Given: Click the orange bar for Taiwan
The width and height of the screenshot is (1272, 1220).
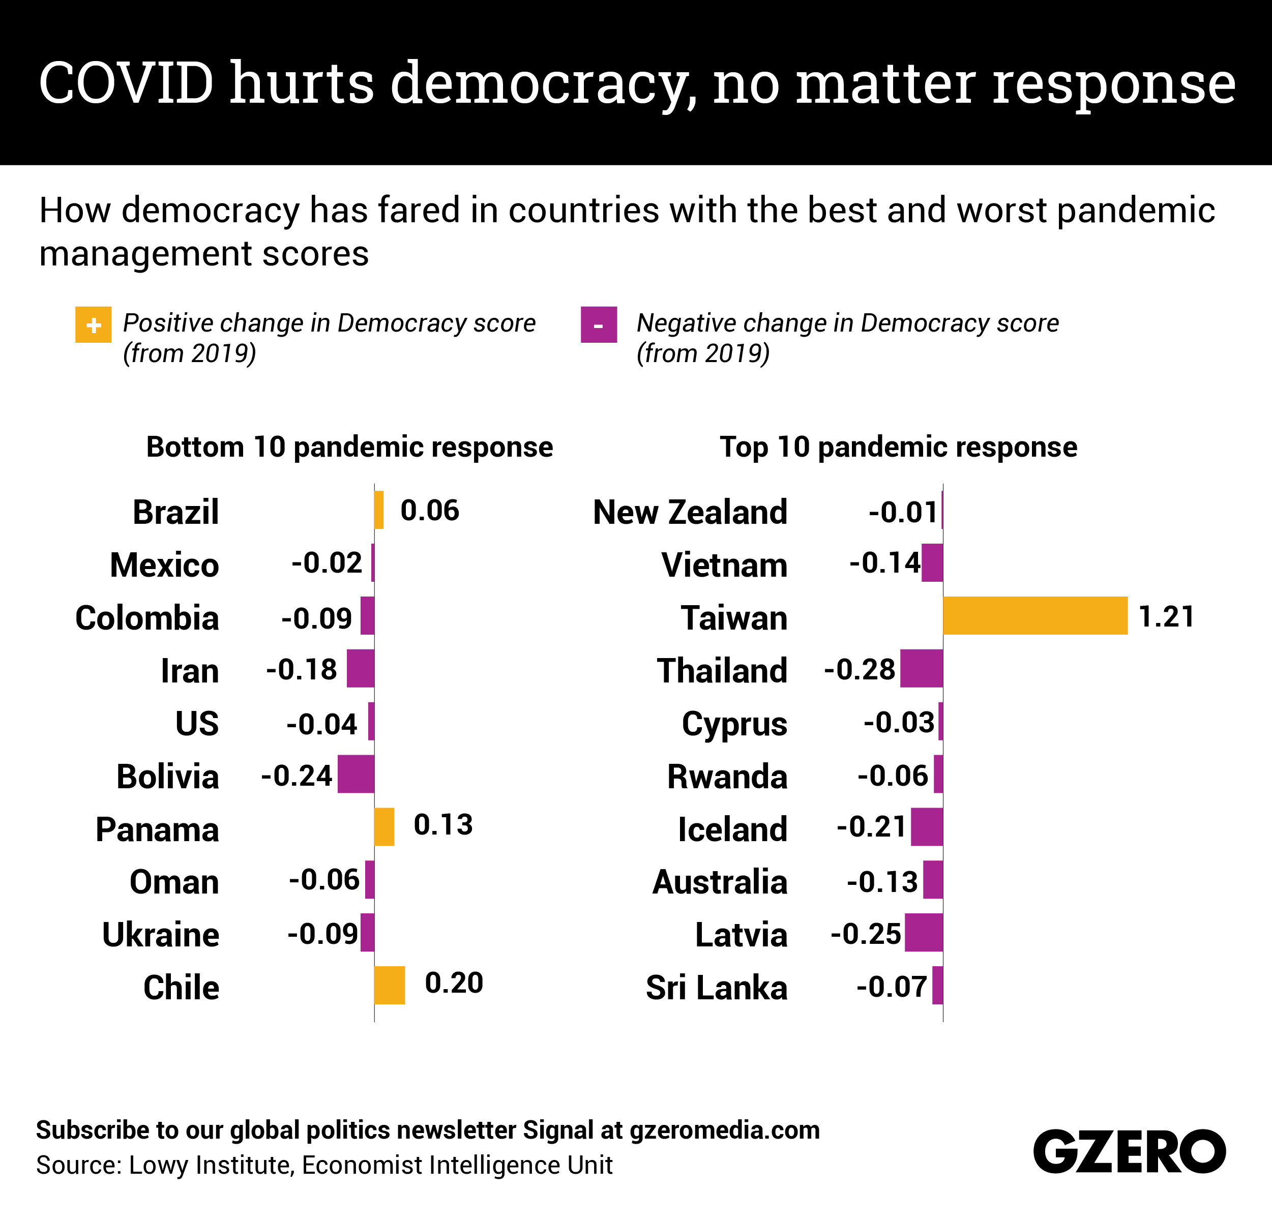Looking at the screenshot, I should [1035, 615].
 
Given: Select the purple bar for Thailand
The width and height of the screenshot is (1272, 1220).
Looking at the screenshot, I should [922, 668].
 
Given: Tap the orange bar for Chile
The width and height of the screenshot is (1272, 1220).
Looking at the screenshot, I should [390, 985].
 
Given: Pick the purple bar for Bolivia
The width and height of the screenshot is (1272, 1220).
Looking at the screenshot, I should [356, 773].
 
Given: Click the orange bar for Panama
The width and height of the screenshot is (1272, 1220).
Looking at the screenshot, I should [384, 827].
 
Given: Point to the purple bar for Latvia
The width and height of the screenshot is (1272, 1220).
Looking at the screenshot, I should [924, 933].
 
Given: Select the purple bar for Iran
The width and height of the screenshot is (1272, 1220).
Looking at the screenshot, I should [360, 668].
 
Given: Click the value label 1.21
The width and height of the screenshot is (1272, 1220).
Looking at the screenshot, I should [1166, 616].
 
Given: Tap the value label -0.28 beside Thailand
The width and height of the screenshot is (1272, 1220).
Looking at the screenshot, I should [859, 670].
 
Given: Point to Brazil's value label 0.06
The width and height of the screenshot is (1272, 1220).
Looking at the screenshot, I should [430, 511].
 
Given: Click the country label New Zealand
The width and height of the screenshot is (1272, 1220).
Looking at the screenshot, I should [690, 512].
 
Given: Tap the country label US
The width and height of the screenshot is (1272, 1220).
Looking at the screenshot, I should [197, 724].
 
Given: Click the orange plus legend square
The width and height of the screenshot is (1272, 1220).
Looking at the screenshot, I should [94, 324].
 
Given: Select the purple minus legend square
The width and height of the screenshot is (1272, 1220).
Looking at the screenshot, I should [598, 324].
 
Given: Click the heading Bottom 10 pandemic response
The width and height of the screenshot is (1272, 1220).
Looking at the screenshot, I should [349, 447].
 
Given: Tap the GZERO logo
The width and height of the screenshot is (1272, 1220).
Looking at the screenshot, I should [1129, 1151].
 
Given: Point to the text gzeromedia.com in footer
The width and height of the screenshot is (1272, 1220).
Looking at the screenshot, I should [724, 1130].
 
